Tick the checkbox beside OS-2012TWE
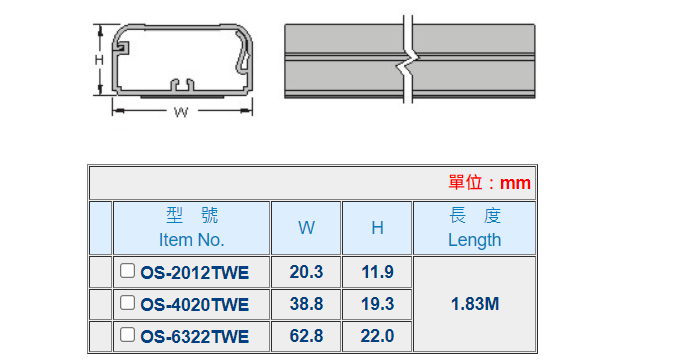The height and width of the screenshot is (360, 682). pos(127,270)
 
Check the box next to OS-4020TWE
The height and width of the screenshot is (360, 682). pos(127,302)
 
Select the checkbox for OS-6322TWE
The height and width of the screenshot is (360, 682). pos(127,334)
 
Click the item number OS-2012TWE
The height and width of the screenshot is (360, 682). pos(194,273)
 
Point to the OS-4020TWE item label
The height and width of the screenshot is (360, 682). pos(194,304)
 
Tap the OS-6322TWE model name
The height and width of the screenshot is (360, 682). pos(194,337)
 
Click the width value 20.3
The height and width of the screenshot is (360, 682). pos(306,272)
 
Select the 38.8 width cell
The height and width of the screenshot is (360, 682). pos(306,304)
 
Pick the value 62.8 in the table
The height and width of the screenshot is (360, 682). pos(306,336)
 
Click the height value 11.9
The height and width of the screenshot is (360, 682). pos(377,272)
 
